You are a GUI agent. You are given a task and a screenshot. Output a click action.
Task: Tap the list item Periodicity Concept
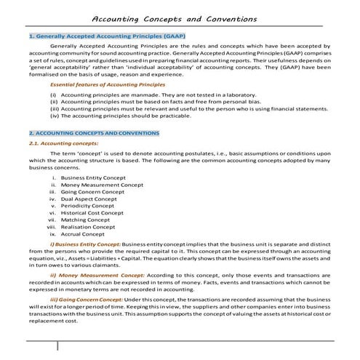(87, 206)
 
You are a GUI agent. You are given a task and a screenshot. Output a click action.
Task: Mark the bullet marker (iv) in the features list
(54, 116)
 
